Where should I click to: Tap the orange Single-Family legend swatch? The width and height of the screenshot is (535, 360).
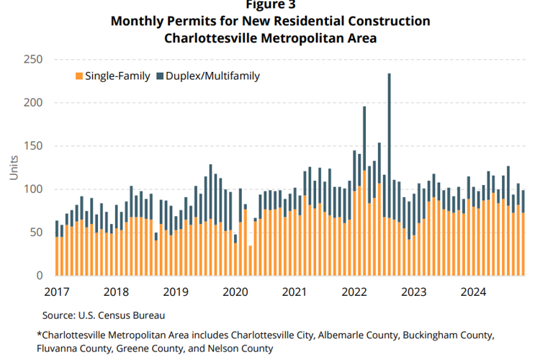click(79, 75)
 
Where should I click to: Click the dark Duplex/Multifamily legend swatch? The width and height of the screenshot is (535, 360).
click(160, 75)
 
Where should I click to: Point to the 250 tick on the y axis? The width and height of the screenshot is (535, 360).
click(33, 59)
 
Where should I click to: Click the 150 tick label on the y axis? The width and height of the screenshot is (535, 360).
click(33, 145)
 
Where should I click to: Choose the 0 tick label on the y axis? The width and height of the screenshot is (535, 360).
click(40, 275)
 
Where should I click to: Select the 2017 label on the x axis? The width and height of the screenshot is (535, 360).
click(56, 292)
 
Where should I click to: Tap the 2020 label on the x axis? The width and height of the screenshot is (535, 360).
click(235, 292)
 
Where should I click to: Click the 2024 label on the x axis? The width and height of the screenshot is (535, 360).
click(474, 292)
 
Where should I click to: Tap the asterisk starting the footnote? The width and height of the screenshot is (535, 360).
click(38, 335)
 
